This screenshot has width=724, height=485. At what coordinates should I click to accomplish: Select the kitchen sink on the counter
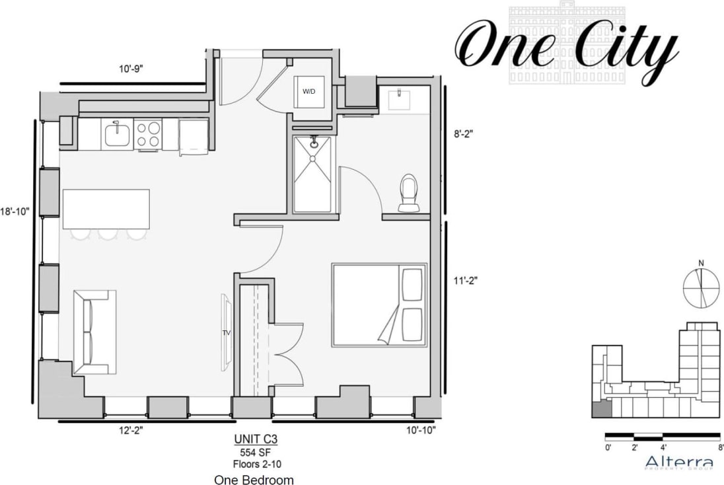(117, 134)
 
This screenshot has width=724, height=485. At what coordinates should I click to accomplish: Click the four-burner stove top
(148, 134)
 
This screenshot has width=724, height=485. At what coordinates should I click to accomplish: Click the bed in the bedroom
(379, 305)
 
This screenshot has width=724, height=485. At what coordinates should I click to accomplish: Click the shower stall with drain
(313, 174)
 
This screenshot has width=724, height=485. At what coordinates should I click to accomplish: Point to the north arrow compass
(701, 284)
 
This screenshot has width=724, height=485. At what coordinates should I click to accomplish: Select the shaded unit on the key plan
(601, 409)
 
